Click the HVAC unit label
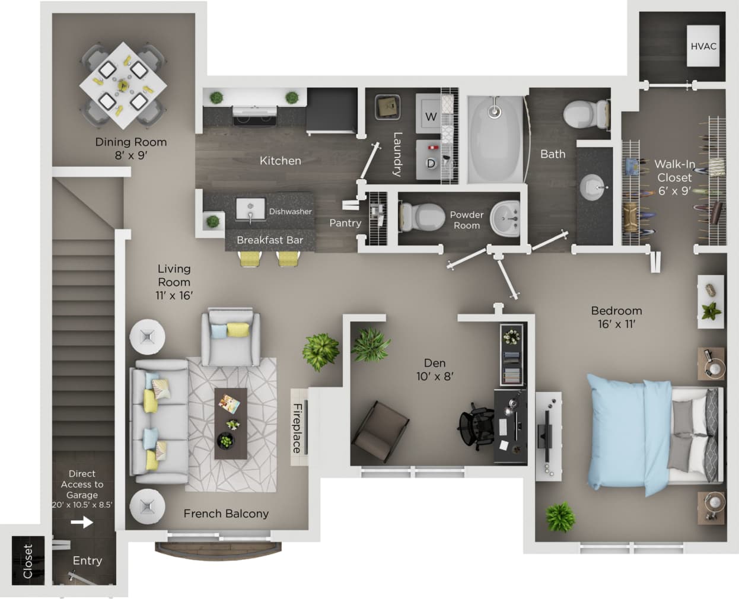click(703, 46)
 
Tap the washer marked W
click(431, 116)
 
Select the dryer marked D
click(431, 163)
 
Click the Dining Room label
click(131, 142)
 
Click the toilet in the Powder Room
click(422, 217)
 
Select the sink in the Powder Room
click(505, 218)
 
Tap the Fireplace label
click(298, 428)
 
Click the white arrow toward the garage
click(82, 522)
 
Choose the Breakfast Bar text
click(270, 240)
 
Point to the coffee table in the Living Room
click(231, 423)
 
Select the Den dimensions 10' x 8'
click(435, 377)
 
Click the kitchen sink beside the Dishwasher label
click(250, 209)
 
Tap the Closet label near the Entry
click(28, 561)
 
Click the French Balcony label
click(226, 514)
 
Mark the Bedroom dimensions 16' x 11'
click(616, 324)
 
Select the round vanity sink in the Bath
click(593, 187)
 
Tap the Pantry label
click(345, 223)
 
